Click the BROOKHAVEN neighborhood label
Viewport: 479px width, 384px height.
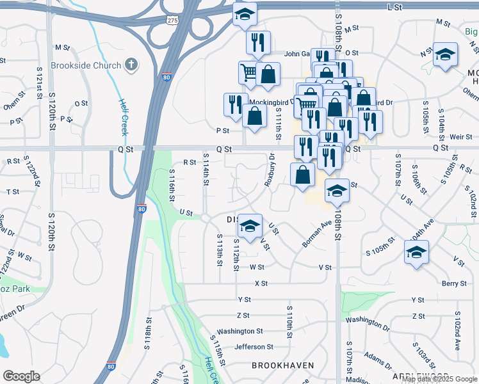[282, 365]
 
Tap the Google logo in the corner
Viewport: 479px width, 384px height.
[21, 376]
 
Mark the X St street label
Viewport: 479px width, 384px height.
[261, 283]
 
